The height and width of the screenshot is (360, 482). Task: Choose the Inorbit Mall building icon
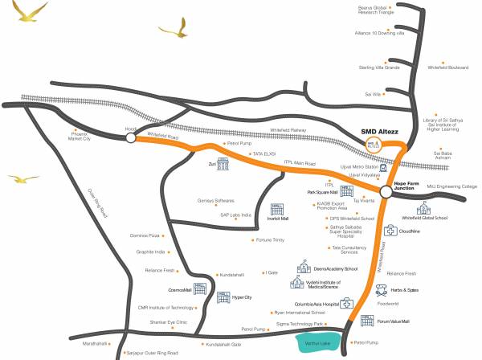[x=278, y=211]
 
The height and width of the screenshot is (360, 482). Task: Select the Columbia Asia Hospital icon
[x=347, y=304]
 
